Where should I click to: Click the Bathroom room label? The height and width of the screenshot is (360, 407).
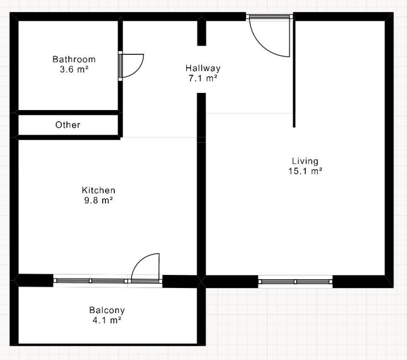(x=74, y=59)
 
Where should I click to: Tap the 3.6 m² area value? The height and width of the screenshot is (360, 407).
(x=74, y=69)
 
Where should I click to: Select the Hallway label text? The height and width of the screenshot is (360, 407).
(x=203, y=68)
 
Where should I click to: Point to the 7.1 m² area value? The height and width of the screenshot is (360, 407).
(x=203, y=78)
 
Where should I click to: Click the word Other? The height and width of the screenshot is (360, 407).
(x=68, y=125)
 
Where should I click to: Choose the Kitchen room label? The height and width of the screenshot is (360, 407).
(x=99, y=190)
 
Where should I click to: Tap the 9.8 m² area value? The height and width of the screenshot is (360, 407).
(x=99, y=200)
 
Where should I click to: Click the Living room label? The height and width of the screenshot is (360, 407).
(x=305, y=161)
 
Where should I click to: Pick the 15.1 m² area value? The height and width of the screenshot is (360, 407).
(x=305, y=171)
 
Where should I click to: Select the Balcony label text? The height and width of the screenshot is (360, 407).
(x=107, y=310)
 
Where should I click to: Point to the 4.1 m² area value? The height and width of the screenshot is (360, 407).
(x=107, y=320)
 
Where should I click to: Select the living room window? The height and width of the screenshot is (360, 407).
(x=295, y=282)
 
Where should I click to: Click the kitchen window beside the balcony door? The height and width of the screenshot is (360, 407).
(x=90, y=281)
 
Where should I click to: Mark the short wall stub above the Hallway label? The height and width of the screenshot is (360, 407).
(x=201, y=33)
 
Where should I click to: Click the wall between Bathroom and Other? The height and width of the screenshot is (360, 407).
(x=68, y=112)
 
